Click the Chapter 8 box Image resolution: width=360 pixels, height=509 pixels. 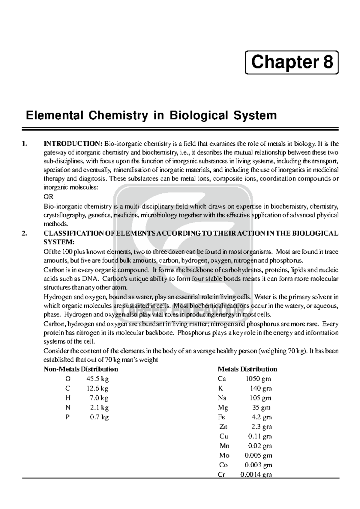tap(292, 63)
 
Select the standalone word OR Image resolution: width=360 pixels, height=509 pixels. tap(48, 197)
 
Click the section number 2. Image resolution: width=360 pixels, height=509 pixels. tap(25, 234)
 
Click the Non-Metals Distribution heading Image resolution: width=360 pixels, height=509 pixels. tap(81, 369)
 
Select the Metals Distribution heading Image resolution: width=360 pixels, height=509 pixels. tap(247, 369)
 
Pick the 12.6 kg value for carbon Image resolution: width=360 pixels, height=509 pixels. tap(97, 388)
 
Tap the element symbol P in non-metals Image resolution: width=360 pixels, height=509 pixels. tap(67, 417)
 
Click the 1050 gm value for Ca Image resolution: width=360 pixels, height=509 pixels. tap(258, 379)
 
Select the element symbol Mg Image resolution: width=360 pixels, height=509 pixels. tap(223, 408)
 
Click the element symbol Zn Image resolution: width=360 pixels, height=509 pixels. tap(223, 427)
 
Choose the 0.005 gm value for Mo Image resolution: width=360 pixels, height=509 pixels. tap(258, 455)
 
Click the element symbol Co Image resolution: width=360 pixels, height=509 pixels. tap(223, 465)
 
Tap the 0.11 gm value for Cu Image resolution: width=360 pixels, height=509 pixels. tap(260, 436)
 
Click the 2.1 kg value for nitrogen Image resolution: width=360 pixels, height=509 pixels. tap(99, 408)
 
